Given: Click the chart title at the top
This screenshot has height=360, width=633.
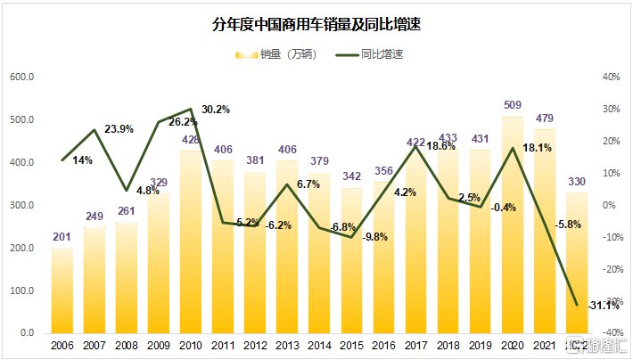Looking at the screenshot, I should coord(316,25).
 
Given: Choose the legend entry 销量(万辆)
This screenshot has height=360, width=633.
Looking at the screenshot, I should coord(281,54).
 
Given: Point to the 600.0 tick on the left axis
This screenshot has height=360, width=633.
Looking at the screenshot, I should coord(21,78).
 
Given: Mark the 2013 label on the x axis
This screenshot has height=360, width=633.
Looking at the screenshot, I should coord(287,345).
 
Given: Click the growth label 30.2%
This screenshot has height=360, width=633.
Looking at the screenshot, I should coord(216,110).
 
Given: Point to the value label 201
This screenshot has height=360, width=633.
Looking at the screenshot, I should coord(62,237).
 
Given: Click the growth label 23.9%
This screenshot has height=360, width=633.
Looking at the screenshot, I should coord(119,129).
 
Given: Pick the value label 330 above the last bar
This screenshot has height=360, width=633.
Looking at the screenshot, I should coord(576,182).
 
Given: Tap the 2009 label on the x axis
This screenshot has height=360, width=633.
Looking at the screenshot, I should coord(159,345).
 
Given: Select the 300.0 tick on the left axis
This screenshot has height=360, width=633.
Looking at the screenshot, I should coord(21,206).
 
